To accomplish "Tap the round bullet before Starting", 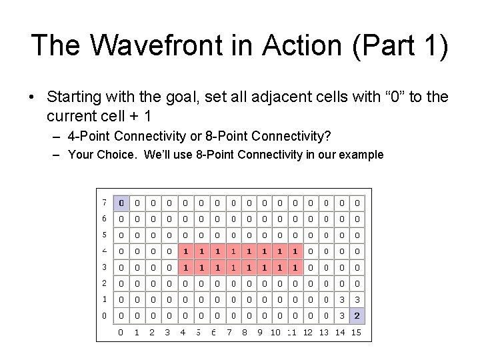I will coord(33,98).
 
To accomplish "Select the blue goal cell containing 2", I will coord(357,315).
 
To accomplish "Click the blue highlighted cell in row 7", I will coord(121,202).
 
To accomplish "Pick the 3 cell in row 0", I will coord(341,315).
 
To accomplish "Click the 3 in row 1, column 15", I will coord(357,299).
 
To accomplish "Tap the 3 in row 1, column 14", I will coord(341,299).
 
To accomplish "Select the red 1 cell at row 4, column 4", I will coord(184,251).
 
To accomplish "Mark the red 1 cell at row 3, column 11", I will coord(294,267).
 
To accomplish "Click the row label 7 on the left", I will coord(105,202).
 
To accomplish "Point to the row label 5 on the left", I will coord(105,235).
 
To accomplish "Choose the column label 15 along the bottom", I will coord(357,331).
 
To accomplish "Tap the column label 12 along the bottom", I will coord(308,331).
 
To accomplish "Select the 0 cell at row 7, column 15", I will coord(357,202).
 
